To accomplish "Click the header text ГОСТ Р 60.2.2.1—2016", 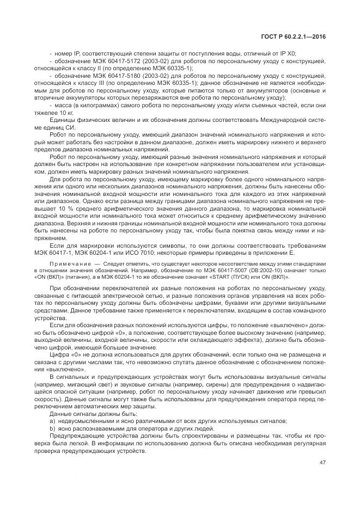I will tap(294, 36).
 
